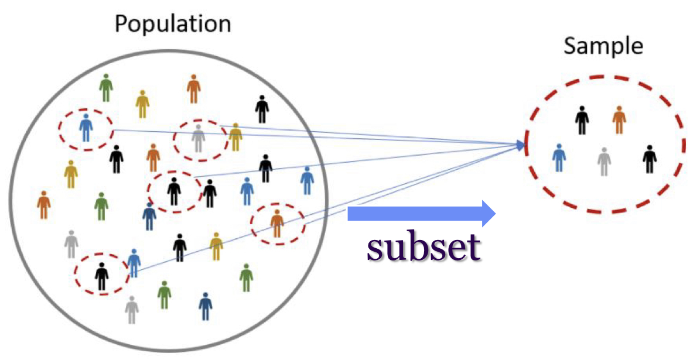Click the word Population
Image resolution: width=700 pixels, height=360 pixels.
tap(173, 24)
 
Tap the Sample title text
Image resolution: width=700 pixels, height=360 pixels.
tap(603, 46)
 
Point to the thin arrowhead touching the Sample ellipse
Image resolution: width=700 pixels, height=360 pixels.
tap(520, 145)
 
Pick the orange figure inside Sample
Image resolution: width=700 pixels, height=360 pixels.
tap(619, 120)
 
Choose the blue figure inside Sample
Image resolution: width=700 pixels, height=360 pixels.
tap(559, 157)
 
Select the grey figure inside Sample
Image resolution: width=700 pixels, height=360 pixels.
tap(604, 162)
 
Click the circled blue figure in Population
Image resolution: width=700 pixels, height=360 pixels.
tap(86, 128)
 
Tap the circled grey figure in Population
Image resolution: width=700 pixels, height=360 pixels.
tap(199, 138)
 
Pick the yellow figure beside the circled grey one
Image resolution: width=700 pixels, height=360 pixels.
tap(235, 137)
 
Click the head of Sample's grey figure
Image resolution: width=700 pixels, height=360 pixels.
tap(604, 150)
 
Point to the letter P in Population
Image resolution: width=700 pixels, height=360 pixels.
tap(121, 25)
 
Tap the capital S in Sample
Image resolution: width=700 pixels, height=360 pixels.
tap(570, 46)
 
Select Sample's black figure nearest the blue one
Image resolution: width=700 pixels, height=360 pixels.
tap(582, 120)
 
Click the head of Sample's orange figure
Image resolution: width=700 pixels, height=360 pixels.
tap(619, 109)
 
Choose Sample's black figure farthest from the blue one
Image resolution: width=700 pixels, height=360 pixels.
tap(649, 159)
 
